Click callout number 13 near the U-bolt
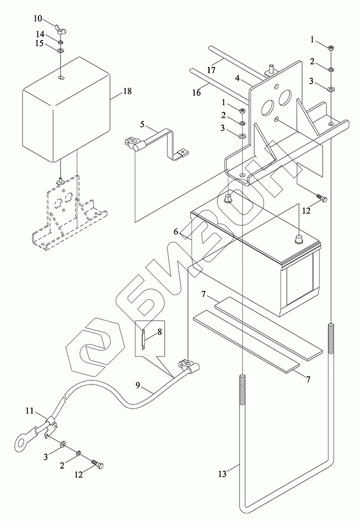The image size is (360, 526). point(223,474)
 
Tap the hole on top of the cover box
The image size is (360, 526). point(61,78)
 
